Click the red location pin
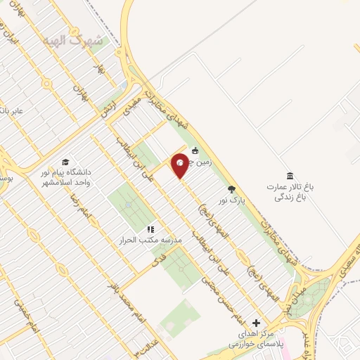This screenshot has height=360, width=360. [180, 165]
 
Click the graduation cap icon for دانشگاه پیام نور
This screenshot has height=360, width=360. [65, 162]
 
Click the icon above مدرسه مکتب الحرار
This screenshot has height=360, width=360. [150, 229]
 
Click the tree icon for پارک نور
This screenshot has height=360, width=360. [231, 188]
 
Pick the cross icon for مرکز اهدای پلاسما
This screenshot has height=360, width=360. [255, 323]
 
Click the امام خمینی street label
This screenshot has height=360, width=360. [23, 309]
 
